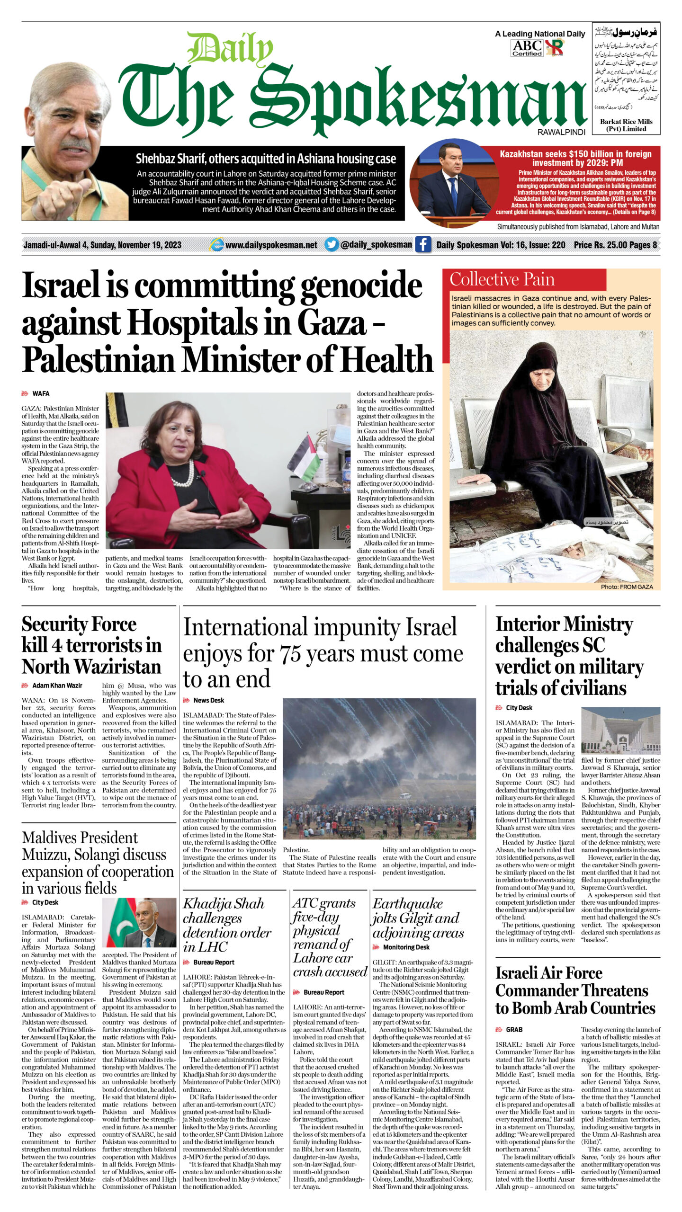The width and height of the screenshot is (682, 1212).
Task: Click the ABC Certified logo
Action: (527, 48)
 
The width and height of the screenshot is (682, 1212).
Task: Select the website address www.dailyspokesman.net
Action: (271, 245)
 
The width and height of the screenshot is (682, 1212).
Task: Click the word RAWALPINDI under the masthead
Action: (561, 133)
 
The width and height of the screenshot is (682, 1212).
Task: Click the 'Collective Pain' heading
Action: (502, 279)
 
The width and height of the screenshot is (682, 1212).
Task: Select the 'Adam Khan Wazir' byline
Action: (57, 685)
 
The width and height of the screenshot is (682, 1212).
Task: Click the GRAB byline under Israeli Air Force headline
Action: (514, 1029)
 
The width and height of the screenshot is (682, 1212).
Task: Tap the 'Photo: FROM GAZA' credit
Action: (627, 587)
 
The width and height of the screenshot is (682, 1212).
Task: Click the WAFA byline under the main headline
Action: (41, 393)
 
